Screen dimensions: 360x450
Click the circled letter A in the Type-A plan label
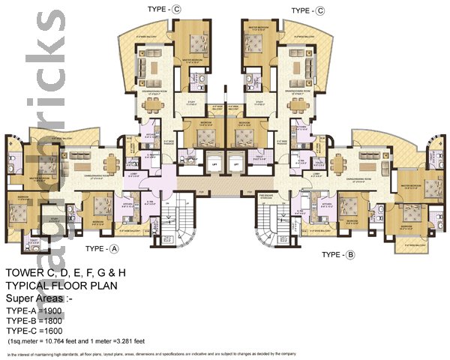point(114,248)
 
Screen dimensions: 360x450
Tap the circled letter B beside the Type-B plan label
point(349,255)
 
